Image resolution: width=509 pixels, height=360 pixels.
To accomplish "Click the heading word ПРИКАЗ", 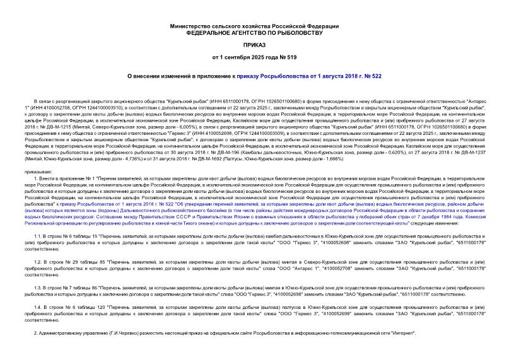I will (254, 45).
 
